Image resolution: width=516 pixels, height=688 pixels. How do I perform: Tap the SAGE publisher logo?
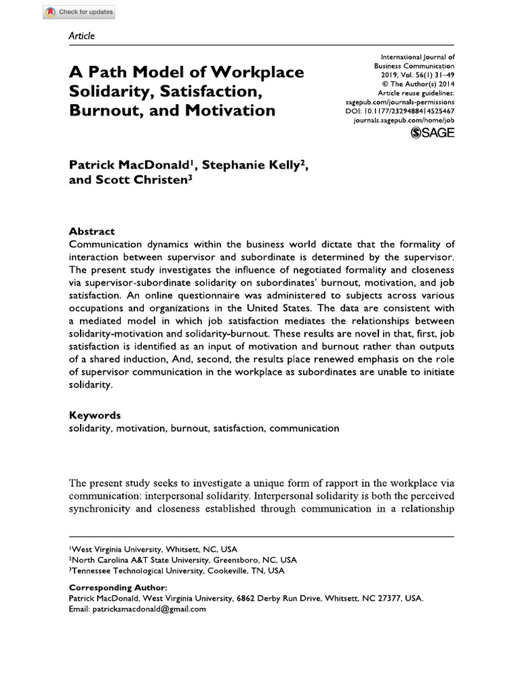tap(432, 132)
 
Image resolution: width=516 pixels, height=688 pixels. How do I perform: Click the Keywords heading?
tap(95, 415)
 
